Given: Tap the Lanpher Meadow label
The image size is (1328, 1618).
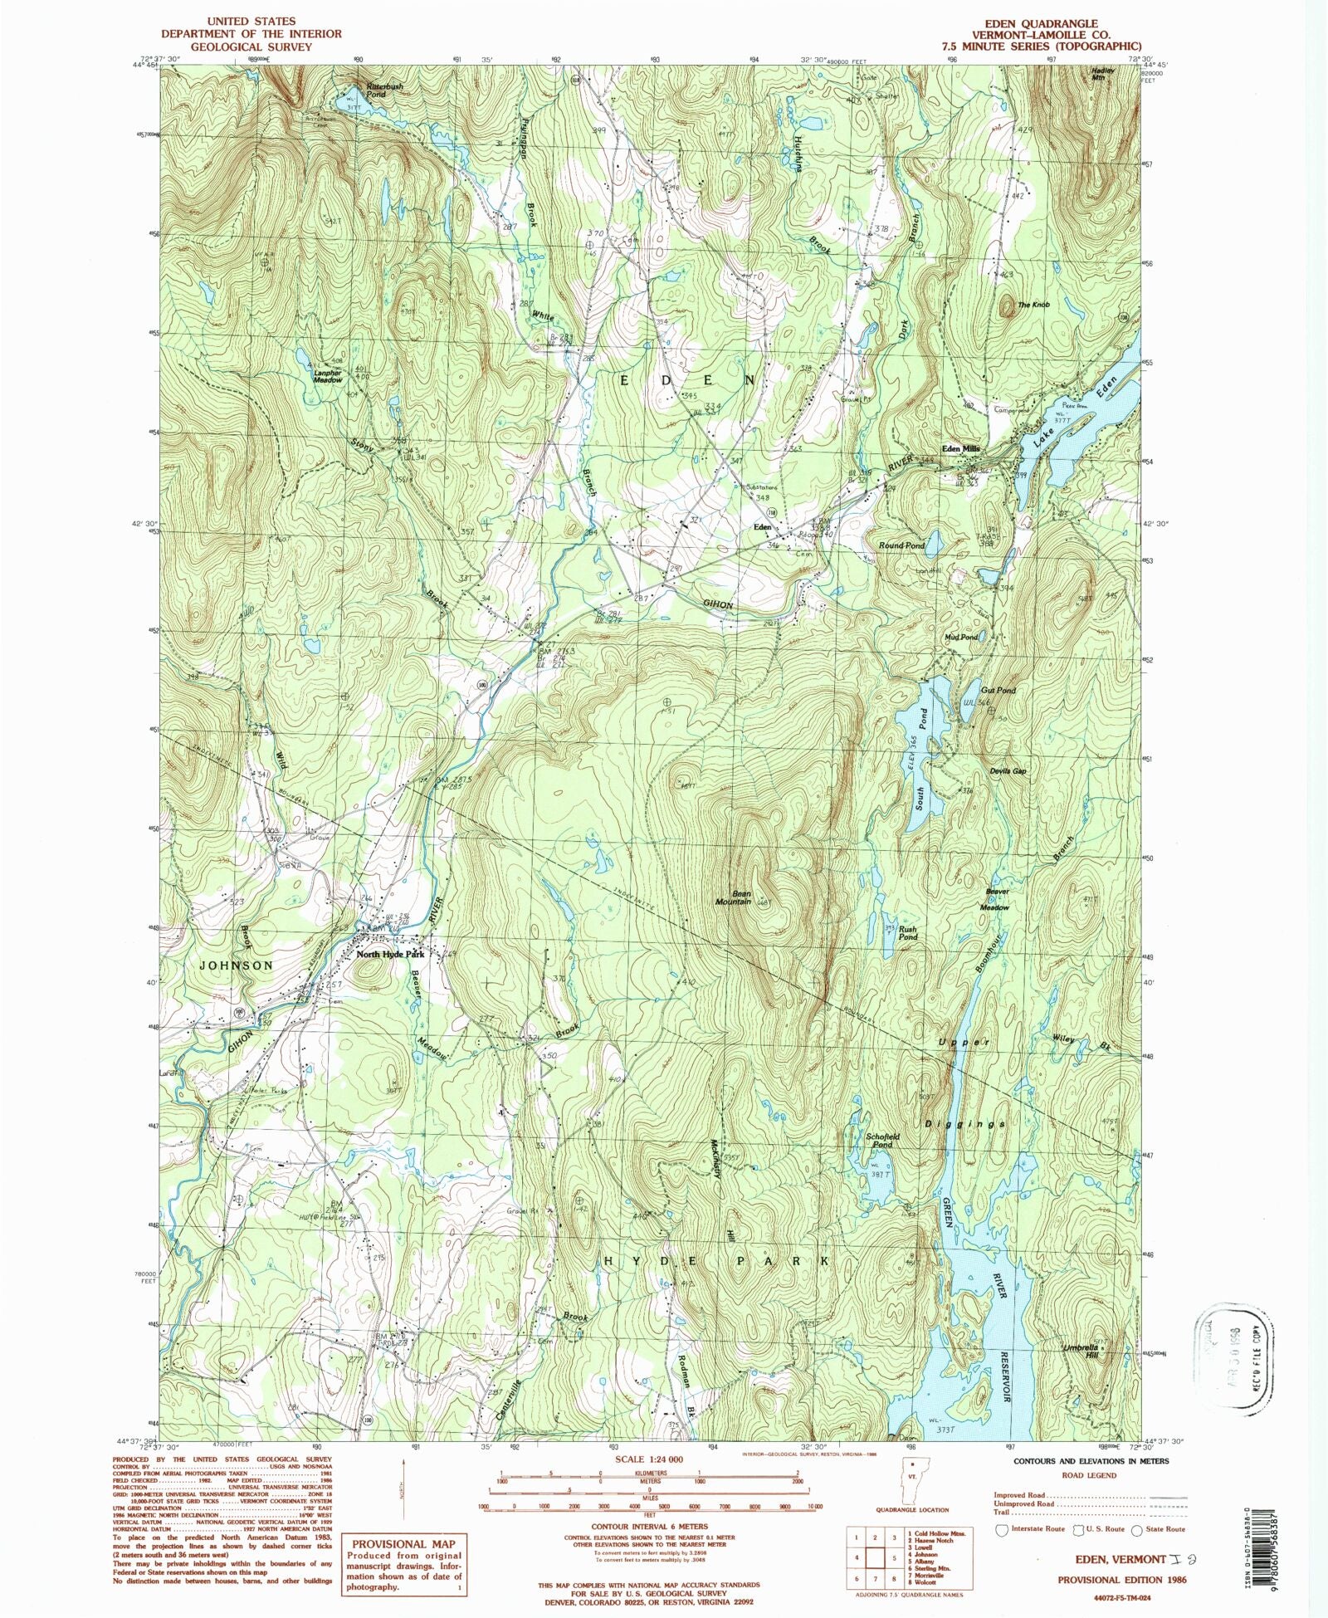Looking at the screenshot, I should (x=327, y=376).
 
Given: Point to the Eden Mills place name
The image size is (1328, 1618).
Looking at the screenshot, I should (x=960, y=448).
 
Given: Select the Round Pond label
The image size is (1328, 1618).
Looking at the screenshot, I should (x=901, y=545).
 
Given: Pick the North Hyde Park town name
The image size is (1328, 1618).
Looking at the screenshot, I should (x=390, y=955).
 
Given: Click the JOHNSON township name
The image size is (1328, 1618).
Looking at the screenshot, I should (x=236, y=965).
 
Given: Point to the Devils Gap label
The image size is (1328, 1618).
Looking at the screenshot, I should (x=1008, y=771).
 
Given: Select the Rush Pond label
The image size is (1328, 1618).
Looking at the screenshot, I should (x=908, y=933).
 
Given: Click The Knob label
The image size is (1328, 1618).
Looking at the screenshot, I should (x=1033, y=306).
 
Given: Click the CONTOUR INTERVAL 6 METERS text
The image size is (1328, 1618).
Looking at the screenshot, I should (x=649, y=1526).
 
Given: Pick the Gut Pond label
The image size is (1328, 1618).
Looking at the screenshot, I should (x=998, y=690).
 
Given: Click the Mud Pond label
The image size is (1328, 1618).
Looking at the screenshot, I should (x=960, y=638).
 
